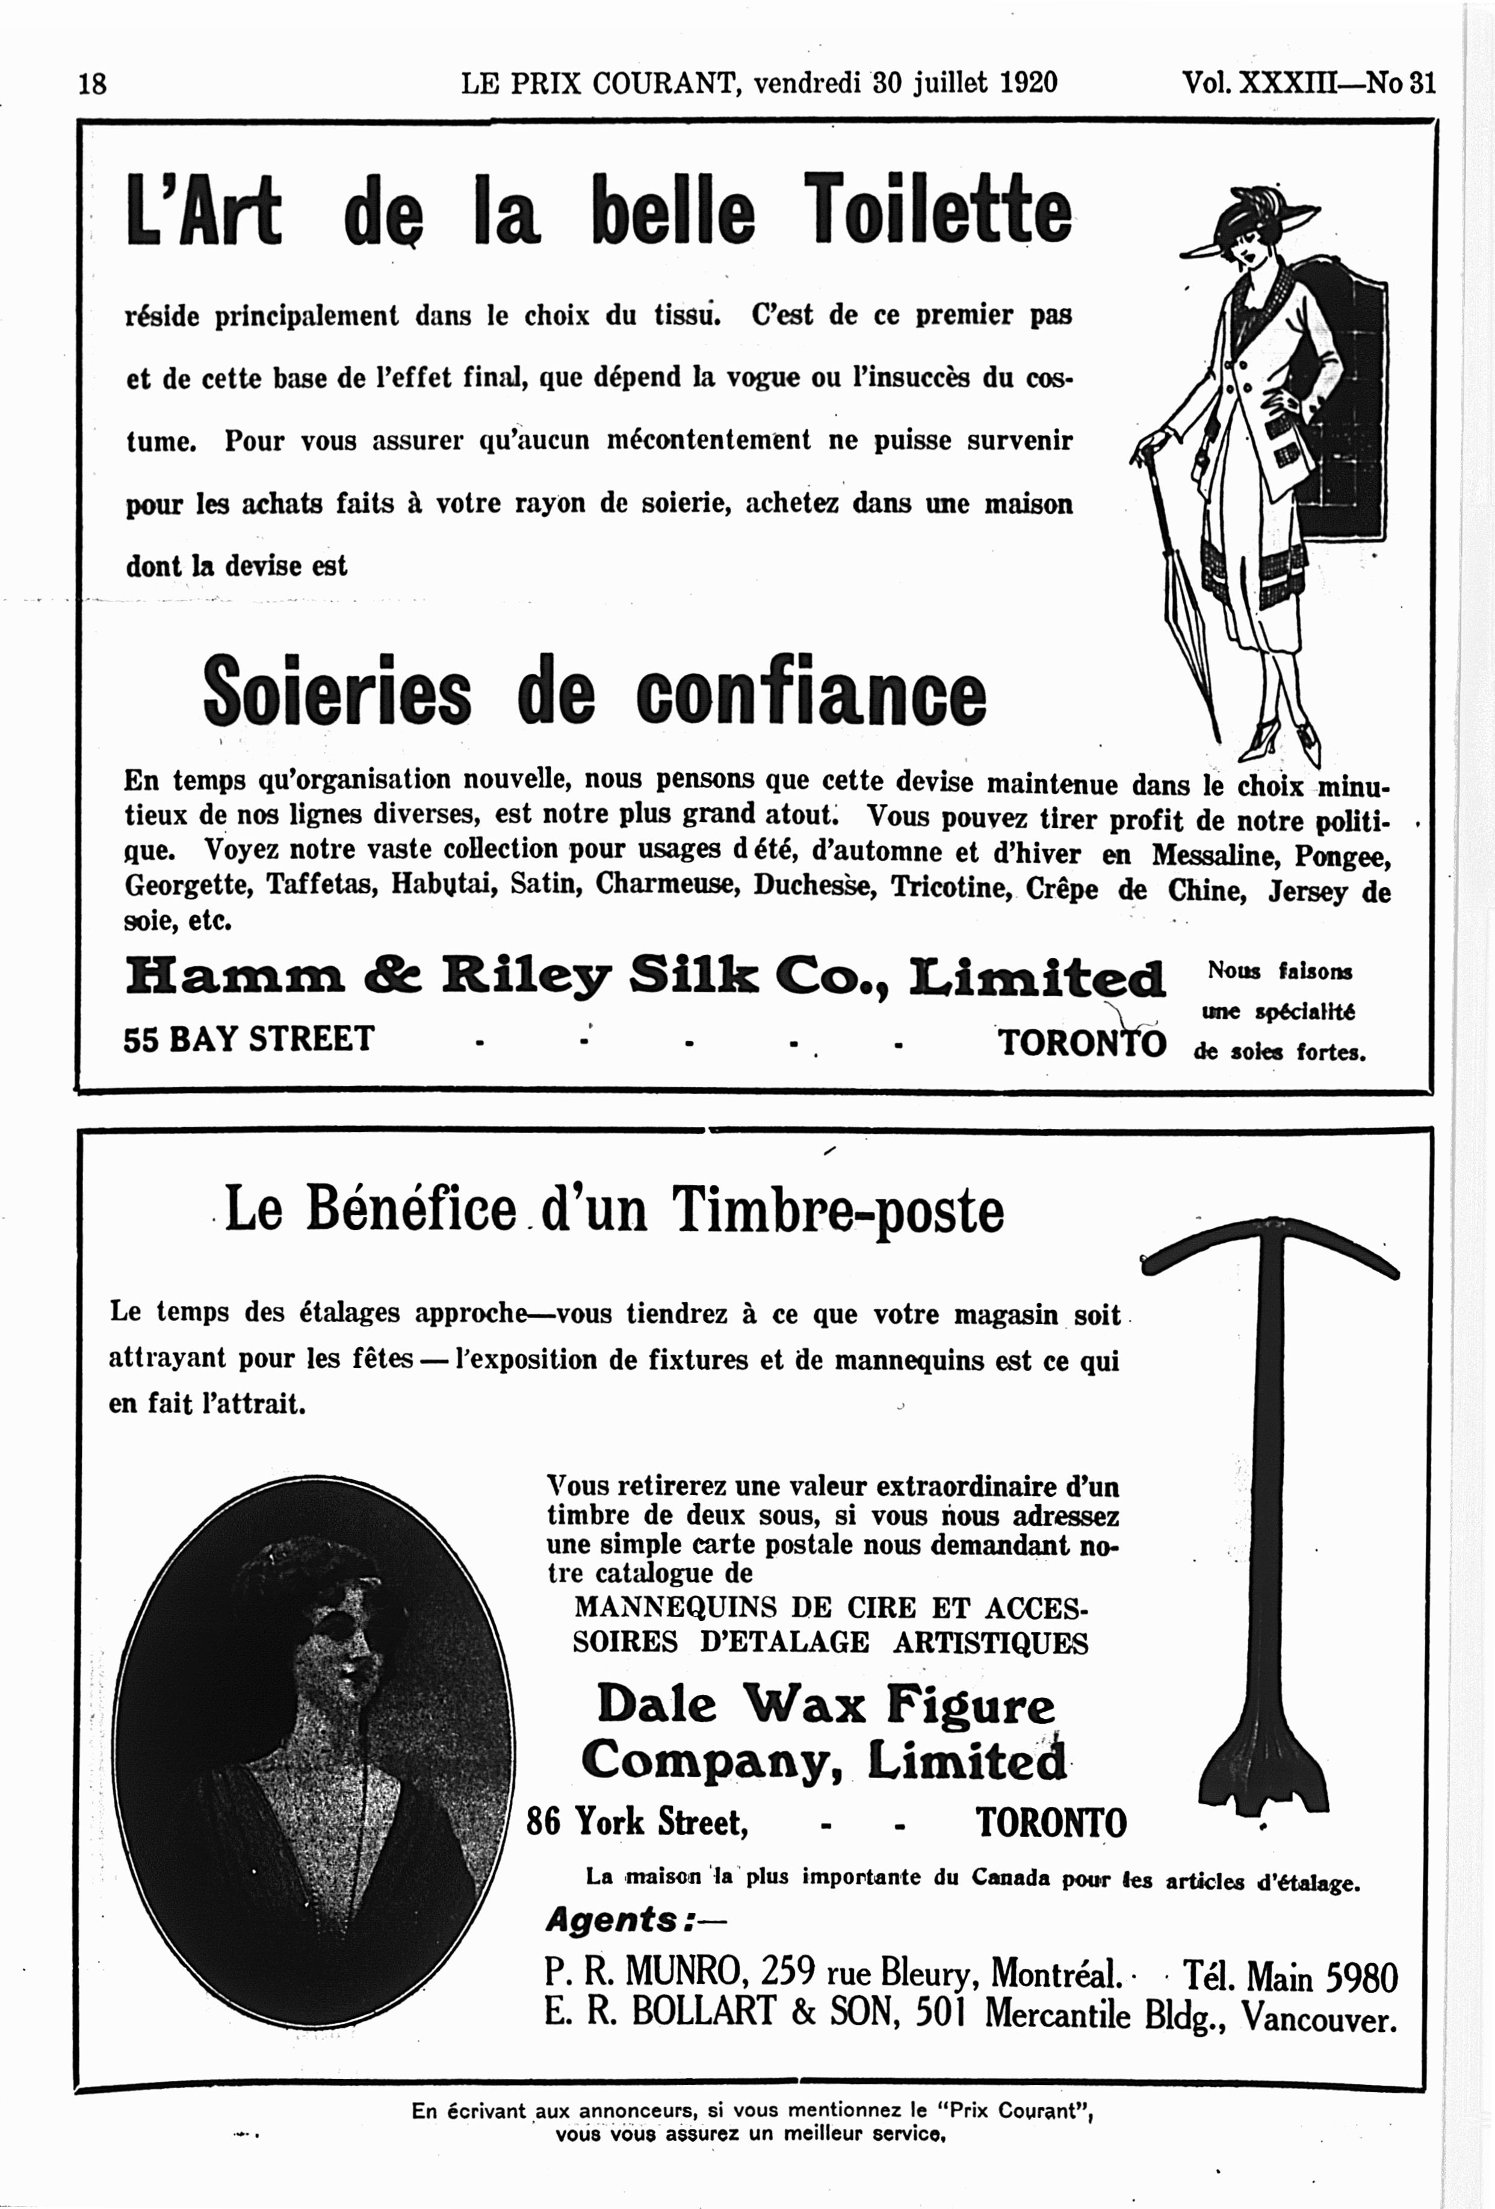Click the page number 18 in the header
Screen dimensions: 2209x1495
(x=92, y=84)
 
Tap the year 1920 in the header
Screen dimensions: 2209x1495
(x=1029, y=82)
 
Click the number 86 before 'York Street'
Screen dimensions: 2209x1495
(x=543, y=1822)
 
